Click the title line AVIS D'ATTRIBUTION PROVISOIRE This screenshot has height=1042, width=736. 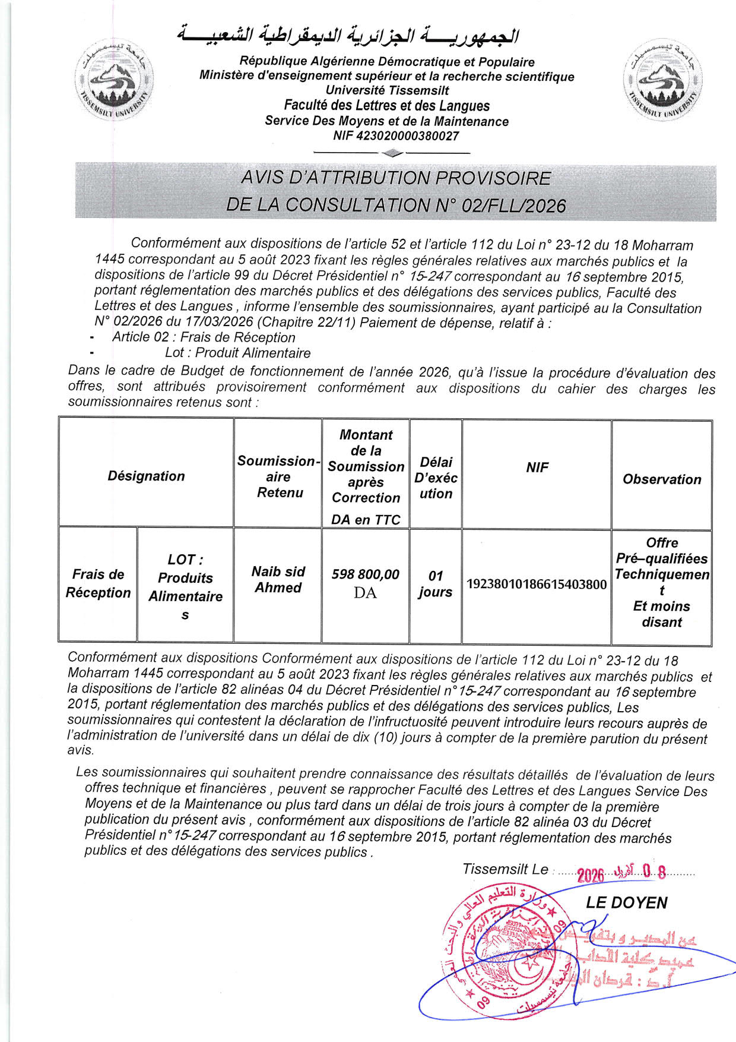(396, 178)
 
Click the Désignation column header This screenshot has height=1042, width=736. (146, 476)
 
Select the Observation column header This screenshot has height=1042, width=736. (662, 479)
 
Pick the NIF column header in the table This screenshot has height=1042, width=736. (537, 468)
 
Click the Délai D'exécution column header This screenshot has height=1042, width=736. (436, 478)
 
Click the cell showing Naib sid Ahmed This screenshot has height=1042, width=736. (278, 579)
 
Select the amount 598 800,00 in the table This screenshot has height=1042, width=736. (366, 575)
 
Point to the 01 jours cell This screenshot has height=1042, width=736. (436, 583)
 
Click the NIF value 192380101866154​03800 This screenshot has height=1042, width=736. (537, 585)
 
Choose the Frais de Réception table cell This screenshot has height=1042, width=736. (98, 583)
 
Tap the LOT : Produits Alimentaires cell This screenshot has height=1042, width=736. (185, 586)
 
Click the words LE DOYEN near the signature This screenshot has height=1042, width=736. (626, 903)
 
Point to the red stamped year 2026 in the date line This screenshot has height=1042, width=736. (590, 875)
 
